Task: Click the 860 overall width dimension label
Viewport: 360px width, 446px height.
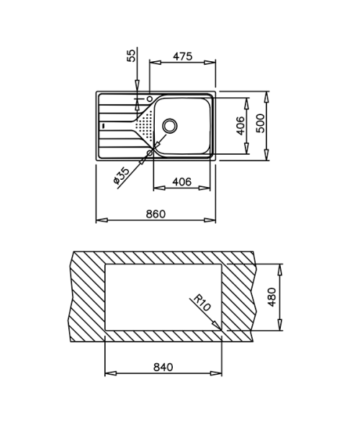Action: [x=156, y=214]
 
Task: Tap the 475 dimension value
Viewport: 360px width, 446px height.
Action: [x=182, y=56]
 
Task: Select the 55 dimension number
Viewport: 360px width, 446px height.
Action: [x=132, y=55]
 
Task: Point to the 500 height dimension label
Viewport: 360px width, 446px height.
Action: [x=260, y=123]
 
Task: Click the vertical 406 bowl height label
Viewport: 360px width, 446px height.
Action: [x=240, y=125]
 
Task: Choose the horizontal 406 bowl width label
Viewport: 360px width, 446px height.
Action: [x=182, y=181]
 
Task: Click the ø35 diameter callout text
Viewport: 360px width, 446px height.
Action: [x=121, y=176]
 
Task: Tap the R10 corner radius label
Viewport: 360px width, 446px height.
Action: [x=202, y=302]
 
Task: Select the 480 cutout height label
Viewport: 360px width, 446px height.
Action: [x=272, y=297]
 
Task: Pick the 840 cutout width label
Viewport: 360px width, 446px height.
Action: [x=163, y=367]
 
